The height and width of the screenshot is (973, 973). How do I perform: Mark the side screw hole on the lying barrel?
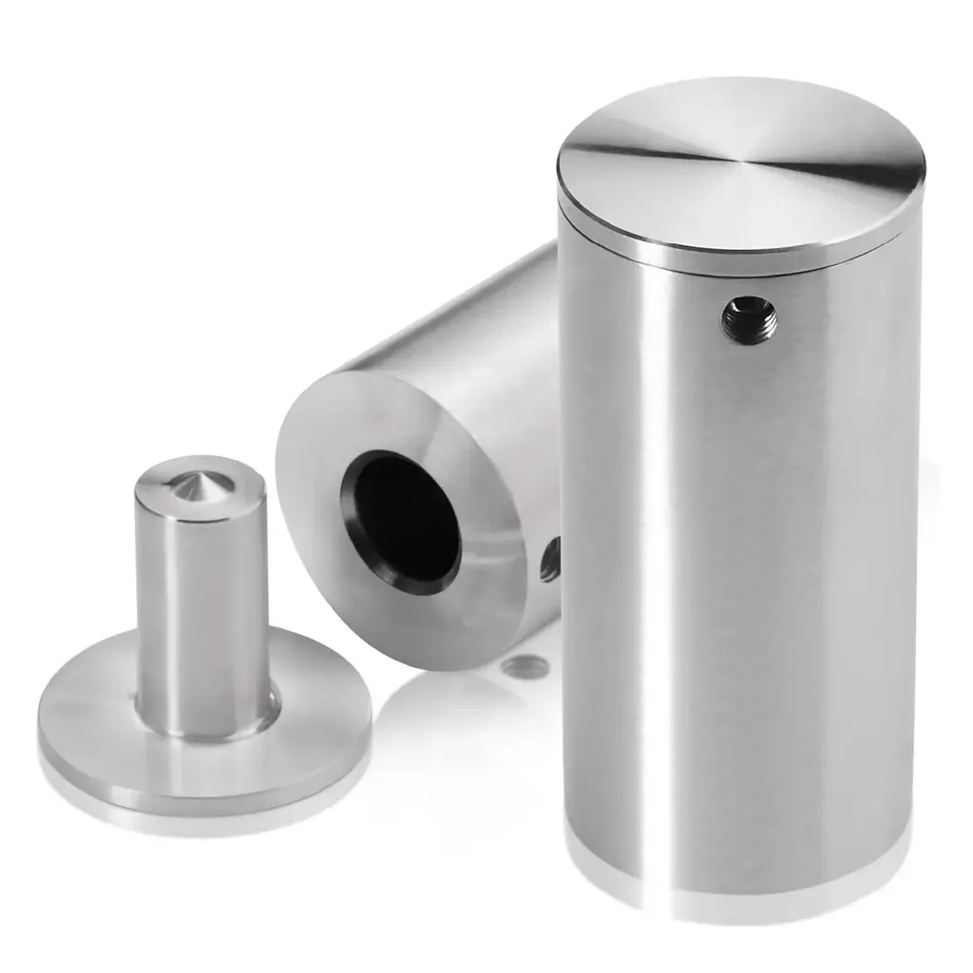click(550, 561)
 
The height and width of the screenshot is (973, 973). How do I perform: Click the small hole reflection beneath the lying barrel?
click(525, 667)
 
